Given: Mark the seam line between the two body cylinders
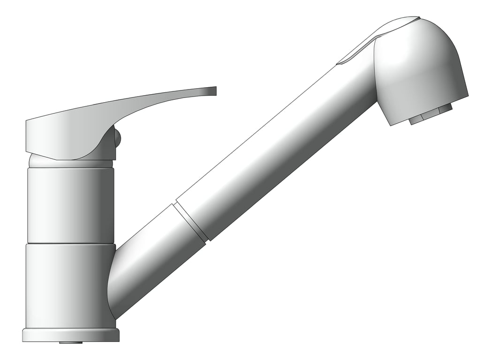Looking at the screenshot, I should pyautogui.click(x=70, y=244).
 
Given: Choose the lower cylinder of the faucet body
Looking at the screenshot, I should pyautogui.click(x=66, y=286).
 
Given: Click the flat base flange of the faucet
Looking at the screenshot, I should pyautogui.click(x=70, y=335).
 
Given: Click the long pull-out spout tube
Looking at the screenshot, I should pyautogui.click(x=277, y=155).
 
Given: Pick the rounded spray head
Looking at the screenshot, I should pyautogui.click(x=422, y=70).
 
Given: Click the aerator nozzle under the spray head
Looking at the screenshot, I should pyautogui.click(x=431, y=113).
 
